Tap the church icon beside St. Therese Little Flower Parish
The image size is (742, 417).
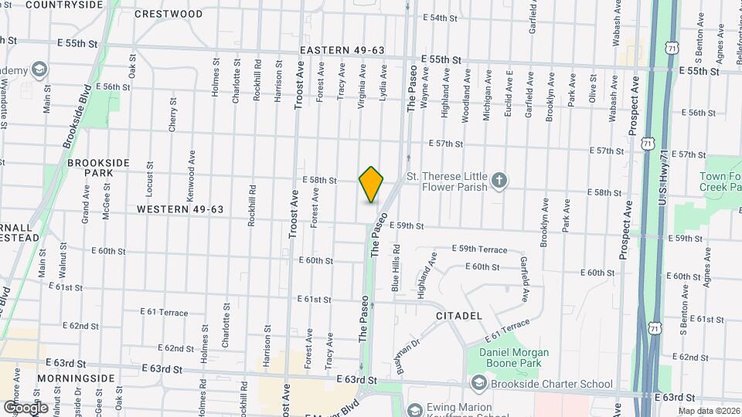coord(500,181)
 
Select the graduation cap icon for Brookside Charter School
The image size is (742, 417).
coord(478,384)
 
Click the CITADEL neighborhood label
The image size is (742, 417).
coord(458,316)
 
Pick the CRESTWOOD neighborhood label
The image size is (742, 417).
coord(168,14)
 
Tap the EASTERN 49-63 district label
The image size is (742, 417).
coord(342,50)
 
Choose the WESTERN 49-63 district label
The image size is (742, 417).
coord(180,209)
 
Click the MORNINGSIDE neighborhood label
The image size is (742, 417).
coord(80,378)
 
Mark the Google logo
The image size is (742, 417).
coord(26,407)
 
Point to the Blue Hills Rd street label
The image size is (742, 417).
coord(396,266)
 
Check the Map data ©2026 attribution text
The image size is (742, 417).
coord(708,411)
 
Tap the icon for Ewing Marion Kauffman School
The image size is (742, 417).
coord(414,409)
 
